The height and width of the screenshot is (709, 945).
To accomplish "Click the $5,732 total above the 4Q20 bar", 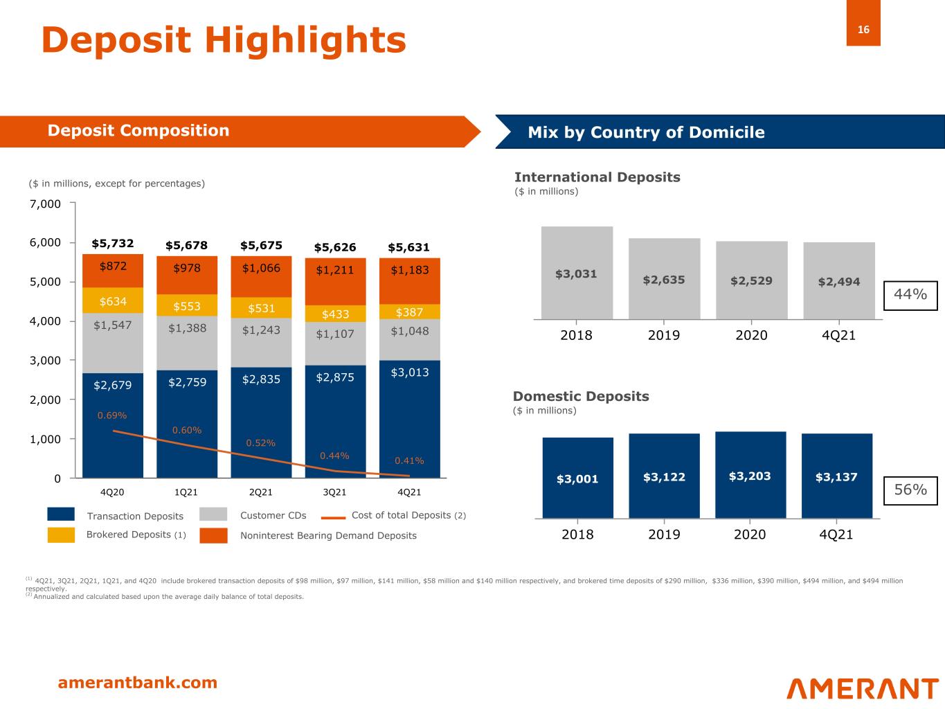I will [x=113, y=244].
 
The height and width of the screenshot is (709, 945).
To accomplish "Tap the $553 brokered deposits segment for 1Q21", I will [x=187, y=305].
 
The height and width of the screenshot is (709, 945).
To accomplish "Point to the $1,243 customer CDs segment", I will [x=261, y=330].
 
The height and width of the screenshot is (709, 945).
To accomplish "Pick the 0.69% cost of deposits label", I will [x=112, y=415].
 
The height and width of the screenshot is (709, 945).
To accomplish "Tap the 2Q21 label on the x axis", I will [x=260, y=492].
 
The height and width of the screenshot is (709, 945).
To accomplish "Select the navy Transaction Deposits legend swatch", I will [x=61, y=514].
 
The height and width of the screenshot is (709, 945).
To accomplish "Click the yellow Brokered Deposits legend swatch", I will [x=61, y=535].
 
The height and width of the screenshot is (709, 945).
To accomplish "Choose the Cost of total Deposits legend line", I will [x=334, y=517].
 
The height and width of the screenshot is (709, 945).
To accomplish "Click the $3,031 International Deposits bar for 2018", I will [x=576, y=273].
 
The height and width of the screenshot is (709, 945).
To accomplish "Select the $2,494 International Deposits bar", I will [x=838, y=281].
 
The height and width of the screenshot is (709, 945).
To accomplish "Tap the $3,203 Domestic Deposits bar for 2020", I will [x=750, y=476].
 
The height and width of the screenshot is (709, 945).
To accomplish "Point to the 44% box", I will [x=910, y=295].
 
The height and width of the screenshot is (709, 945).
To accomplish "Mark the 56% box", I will [x=910, y=490].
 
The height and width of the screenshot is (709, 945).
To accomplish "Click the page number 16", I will [x=863, y=30].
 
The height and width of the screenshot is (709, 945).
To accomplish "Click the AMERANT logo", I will [x=862, y=688].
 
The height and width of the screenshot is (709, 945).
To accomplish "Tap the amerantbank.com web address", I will [x=138, y=683].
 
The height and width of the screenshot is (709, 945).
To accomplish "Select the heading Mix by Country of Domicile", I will [x=646, y=132].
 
